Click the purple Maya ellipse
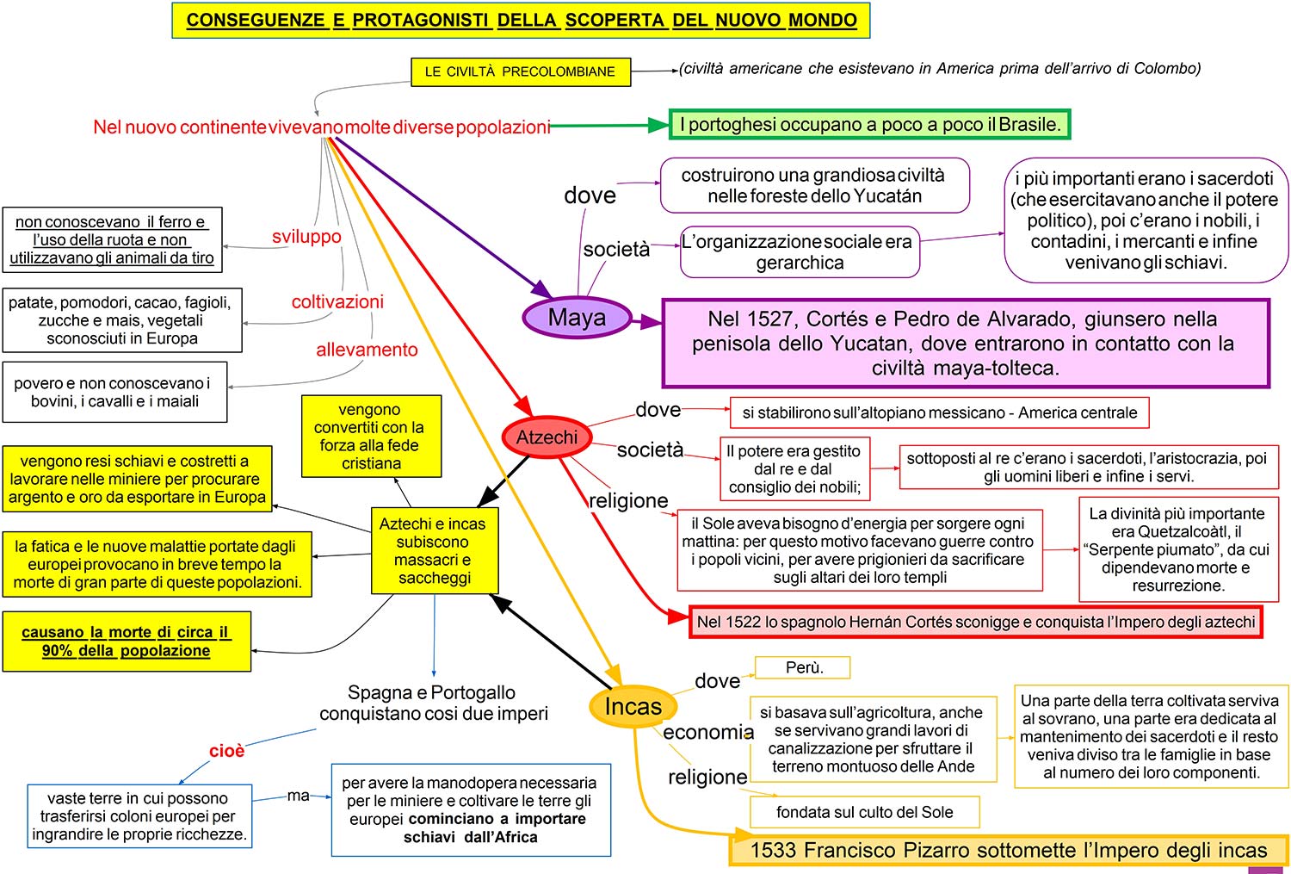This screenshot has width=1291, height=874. (577, 318)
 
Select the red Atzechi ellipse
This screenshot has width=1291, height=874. (547, 437)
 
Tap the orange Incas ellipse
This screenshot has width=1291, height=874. (633, 706)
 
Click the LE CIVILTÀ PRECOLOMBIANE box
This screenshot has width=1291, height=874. (520, 71)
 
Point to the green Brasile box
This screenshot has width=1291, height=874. (869, 124)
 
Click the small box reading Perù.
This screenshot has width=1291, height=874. (803, 667)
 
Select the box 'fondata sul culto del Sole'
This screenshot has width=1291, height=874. (864, 812)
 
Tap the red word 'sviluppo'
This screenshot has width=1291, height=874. (306, 237)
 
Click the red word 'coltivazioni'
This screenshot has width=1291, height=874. (337, 301)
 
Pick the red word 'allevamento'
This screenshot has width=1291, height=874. (367, 350)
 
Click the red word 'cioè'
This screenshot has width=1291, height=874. (226, 751)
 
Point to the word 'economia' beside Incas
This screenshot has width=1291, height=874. (707, 732)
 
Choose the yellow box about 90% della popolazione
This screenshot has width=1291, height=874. (127, 642)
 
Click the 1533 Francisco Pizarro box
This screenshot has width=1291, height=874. (1008, 851)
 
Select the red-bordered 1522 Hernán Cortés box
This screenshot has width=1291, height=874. (975, 622)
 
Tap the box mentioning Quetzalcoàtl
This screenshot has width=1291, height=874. (1177, 549)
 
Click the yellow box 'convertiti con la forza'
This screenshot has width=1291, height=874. (371, 437)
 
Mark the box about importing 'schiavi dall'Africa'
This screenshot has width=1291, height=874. (470, 809)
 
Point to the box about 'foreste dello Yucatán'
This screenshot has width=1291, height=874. (814, 185)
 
